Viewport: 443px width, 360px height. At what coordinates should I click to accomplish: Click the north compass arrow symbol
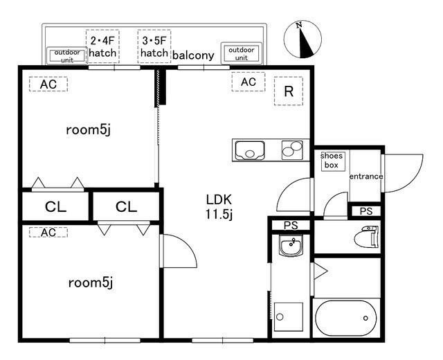tap(302, 40)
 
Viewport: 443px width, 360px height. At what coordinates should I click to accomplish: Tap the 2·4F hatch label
tap(102, 46)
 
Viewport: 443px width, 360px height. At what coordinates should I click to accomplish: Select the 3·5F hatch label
tap(154, 46)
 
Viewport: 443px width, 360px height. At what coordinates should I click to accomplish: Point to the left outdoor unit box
tap(67, 55)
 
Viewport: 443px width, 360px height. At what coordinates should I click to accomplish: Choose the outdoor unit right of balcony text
tap(241, 53)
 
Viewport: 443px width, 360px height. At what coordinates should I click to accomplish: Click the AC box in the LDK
tap(248, 82)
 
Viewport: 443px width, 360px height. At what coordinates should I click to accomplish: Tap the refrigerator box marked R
tap(289, 91)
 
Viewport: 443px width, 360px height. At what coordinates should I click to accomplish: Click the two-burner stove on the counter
tap(292, 149)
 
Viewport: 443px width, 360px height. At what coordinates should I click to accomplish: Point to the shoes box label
tap(332, 161)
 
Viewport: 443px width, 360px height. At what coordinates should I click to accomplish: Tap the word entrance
tap(365, 177)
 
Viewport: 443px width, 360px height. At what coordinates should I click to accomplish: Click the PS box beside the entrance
tap(365, 211)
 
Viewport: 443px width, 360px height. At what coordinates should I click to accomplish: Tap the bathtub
tap(347, 318)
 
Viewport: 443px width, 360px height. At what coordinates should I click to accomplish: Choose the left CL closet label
tap(56, 206)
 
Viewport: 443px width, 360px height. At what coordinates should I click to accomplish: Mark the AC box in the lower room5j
tap(48, 233)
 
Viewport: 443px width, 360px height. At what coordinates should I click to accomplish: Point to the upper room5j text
tap(88, 129)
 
